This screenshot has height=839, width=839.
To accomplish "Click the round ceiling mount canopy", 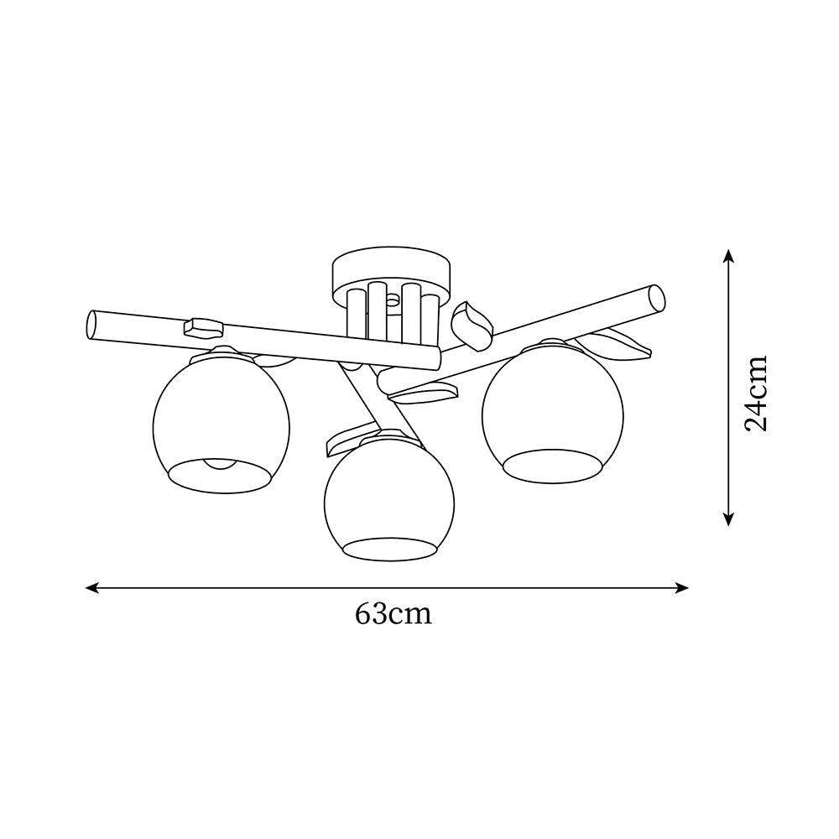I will click(391, 269).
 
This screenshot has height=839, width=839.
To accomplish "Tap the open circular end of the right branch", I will click(656, 298).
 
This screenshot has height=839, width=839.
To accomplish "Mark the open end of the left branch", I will click(92, 324).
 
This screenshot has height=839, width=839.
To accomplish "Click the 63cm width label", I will click(393, 614).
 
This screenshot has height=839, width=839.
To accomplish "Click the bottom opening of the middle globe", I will click(389, 549).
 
